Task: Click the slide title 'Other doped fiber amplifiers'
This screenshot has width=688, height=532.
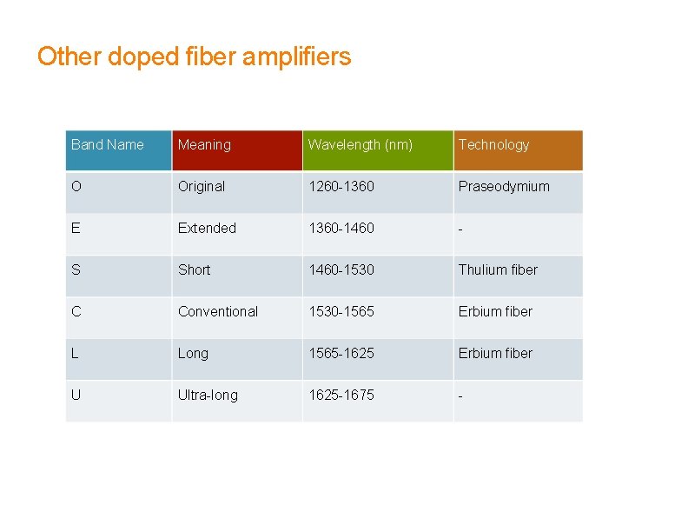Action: pyautogui.click(x=194, y=57)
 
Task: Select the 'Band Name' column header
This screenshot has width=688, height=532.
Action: pyautogui.click(x=108, y=145)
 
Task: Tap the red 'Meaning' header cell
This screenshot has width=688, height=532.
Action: pyautogui.click(x=204, y=145)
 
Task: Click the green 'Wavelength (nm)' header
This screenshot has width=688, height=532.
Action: pyautogui.click(x=361, y=145)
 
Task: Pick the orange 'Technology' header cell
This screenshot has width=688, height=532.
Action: pyautogui.click(x=493, y=145)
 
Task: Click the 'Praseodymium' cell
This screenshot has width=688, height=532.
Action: pyautogui.click(x=504, y=187)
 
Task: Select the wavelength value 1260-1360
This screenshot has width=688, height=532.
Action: pyautogui.click(x=341, y=187)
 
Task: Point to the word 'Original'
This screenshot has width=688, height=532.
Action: pyautogui.click(x=202, y=187)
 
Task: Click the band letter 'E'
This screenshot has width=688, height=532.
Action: pyautogui.click(x=76, y=229)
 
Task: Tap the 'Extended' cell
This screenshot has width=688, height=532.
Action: pyautogui.click(x=207, y=229)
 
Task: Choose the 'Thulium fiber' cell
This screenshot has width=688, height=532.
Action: pyautogui.click(x=498, y=270)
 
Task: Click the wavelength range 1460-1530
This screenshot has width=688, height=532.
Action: pyautogui.click(x=341, y=270)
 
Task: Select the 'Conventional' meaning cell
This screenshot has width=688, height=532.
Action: pyautogui.click(x=218, y=312)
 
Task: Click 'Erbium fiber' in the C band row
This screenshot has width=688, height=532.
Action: pyautogui.click(x=495, y=312)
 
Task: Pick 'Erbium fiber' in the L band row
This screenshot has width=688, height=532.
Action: pyautogui.click(x=495, y=354)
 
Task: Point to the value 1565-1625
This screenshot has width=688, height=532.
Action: pyautogui.click(x=341, y=354)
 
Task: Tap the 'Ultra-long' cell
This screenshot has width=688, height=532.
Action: pyautogui.click(x=208, y=396)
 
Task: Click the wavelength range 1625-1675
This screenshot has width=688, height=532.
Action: pyautogui.click(x=341, y=396)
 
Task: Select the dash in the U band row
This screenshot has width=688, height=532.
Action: pyautogui.click(x=461, y=396)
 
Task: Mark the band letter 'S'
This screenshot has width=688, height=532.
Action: pyautogui.click(x=76, y=270)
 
